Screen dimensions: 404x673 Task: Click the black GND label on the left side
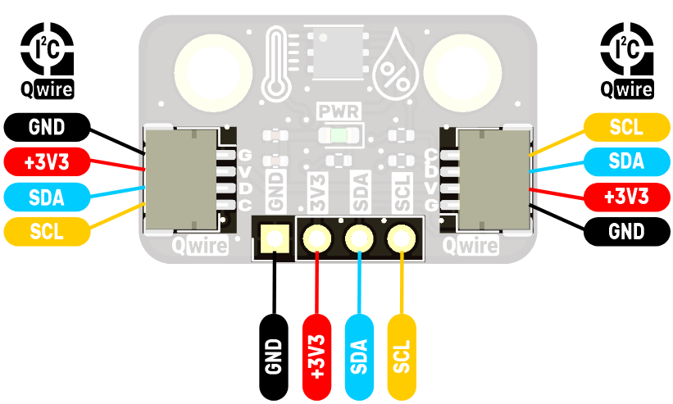coord(46,127)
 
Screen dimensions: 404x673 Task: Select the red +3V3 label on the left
coord(46,162)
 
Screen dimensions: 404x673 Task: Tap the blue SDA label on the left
coord(46,197)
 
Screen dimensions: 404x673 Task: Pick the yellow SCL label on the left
coord(46,232)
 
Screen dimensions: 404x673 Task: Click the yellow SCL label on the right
coord(626,127)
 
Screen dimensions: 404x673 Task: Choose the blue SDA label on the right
coord(626,162)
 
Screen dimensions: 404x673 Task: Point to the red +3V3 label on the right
coord(626,197)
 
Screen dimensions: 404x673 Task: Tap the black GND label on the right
coord(626,232)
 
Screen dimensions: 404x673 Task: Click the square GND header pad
coord(273,239)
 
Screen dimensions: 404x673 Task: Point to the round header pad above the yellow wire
coord(400,239)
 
